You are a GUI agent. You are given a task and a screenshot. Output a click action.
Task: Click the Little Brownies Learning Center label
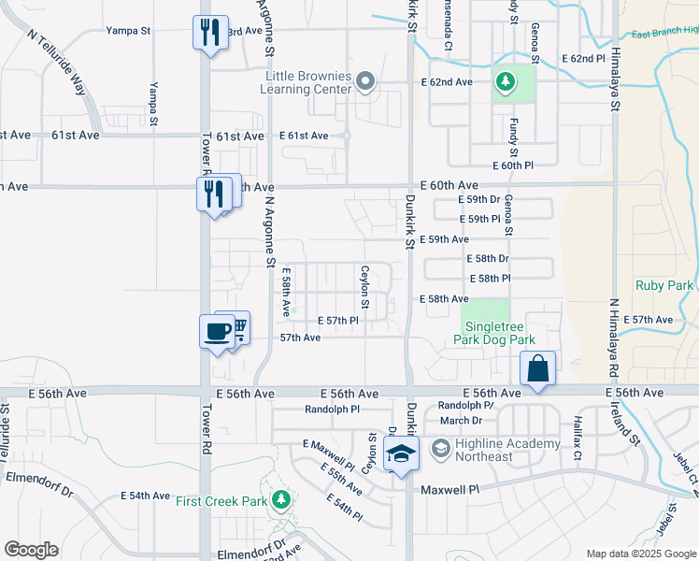pos(308,82)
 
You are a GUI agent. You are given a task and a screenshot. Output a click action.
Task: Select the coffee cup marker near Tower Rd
pos(217,331)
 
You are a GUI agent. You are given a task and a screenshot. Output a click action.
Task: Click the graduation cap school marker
pos(400,454)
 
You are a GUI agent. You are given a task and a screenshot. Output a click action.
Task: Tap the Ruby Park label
pos(663,285)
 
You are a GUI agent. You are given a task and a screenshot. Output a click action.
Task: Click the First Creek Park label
pos(221,501)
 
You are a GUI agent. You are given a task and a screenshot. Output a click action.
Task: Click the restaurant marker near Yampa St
pos(209,34)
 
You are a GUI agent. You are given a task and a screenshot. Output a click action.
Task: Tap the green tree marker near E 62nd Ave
pos(506,82)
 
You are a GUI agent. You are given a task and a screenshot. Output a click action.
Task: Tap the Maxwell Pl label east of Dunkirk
pos(449,489)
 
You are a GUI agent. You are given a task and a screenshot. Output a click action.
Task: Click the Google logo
pos(31,550)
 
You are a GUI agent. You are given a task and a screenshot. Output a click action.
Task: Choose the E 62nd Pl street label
pos(584,58)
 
